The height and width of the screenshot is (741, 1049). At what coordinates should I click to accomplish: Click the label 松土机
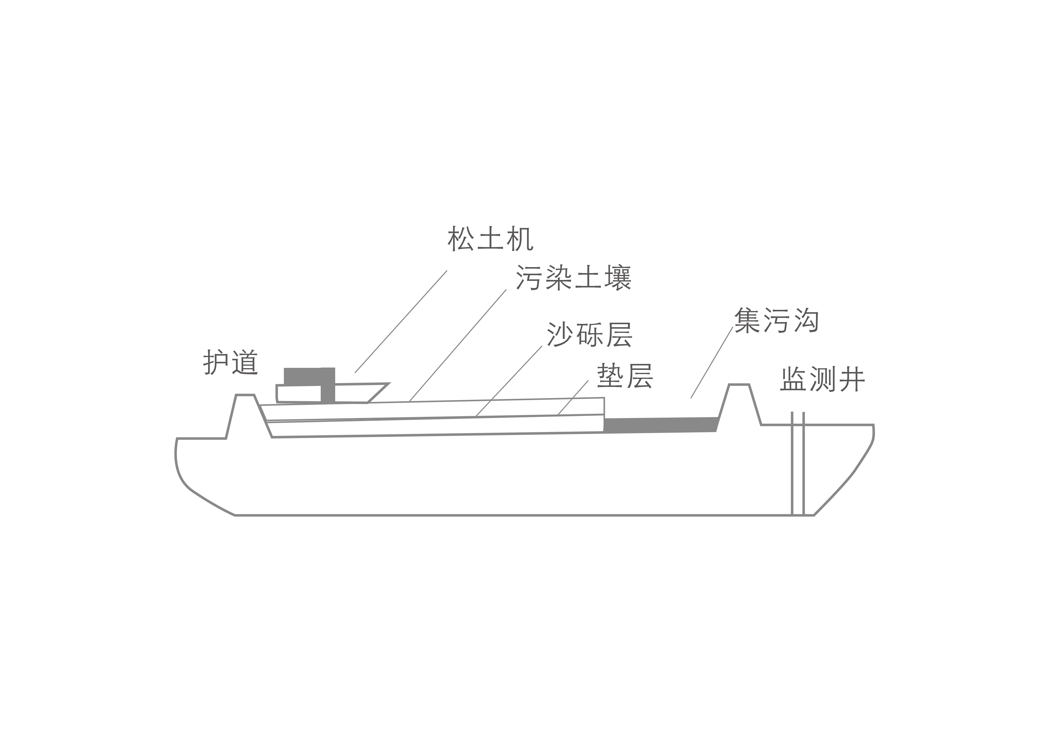click(x=490, y=238)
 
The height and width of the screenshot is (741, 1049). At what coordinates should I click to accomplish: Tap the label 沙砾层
click(x=590, y=334)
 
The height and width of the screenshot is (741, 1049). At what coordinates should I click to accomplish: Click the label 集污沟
click(x=776, y=320)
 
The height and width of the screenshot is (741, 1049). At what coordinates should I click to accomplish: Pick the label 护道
click(x=231, y=362)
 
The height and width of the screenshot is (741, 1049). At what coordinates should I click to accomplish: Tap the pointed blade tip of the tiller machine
click(x=389, y=384)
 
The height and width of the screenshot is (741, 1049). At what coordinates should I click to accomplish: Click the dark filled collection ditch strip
click(x=661, y=425)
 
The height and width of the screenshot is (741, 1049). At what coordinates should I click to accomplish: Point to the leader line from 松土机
click(x=401, y=321)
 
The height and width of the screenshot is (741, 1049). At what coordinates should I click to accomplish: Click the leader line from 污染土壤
click(x=457, y=345)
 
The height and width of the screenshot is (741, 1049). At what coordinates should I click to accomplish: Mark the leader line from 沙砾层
click(x=509, y=381)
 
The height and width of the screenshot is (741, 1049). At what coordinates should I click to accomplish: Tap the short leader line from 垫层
click(x=573, y=398)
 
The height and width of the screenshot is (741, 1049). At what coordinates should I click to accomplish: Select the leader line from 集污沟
click(x=712, y=362)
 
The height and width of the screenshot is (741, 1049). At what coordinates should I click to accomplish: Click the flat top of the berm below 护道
click(x=245, y=395)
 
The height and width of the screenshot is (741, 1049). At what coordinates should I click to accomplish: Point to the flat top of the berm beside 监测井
click(x=739, y=385)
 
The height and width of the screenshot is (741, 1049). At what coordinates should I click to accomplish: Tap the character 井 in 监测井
click(x=853, y=379)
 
